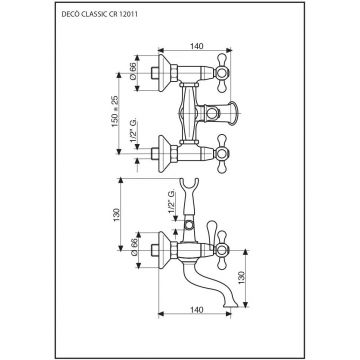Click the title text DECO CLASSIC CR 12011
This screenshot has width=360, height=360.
(x=101, y=14)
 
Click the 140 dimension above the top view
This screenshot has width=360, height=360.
(x=197, y=46)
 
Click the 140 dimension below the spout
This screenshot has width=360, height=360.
(x=197, y=310)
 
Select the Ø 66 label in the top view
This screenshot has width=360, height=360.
(x=133, y=72)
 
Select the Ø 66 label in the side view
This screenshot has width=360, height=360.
(x=134, y=249)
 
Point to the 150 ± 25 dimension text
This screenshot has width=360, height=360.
(x=115, y=111)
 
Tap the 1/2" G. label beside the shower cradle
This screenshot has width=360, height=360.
(x=171, y=202)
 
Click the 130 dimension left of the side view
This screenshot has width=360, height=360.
(x=116, y=216)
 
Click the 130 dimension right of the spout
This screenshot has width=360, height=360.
(x=242, y=278)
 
